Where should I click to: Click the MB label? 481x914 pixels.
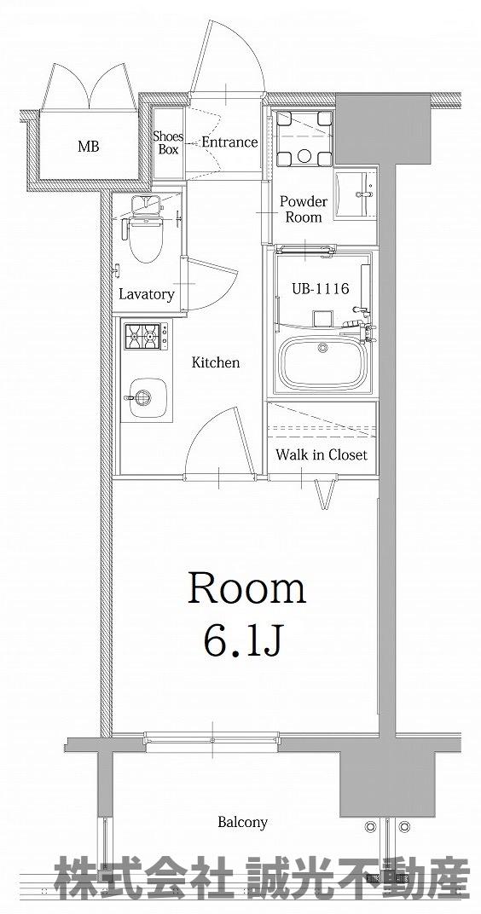[x=89, y=147]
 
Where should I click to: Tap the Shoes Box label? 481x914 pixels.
[x=168, y=142]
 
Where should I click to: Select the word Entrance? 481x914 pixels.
[x=229, y=142]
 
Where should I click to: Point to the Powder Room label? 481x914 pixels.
[x=303, y=209]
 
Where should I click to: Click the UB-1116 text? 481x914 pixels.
[x=319, y=288]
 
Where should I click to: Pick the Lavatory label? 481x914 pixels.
[x=147, y=294]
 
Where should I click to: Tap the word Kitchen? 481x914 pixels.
[x=216, y=362]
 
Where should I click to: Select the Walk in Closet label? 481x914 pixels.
[x=322, y=454]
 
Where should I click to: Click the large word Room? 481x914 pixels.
[x=246, y=589]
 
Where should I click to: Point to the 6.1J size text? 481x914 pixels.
[x=243, y=639]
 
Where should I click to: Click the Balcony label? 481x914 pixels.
[x=242, y=823]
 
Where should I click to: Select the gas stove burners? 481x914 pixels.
[x=142, y=336]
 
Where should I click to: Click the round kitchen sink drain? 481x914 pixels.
[x=143, y=398]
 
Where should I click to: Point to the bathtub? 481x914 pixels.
[x=322, y=362]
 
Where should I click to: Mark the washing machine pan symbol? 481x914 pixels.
[x=304, y=138]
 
